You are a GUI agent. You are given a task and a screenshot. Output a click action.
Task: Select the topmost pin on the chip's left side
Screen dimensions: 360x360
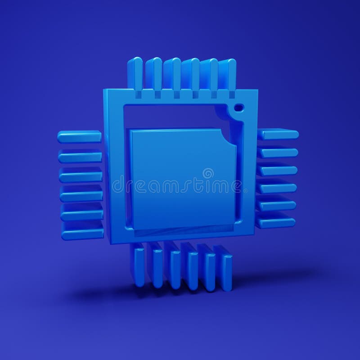point(79,136)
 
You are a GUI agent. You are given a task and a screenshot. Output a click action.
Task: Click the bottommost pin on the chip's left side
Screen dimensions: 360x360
point(82,234)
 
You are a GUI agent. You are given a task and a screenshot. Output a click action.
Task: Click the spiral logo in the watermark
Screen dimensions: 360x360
point(208,173)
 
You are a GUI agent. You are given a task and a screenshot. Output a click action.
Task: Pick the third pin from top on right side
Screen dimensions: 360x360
point(278,170)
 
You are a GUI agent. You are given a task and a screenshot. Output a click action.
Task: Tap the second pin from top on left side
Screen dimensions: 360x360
point(80,156)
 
